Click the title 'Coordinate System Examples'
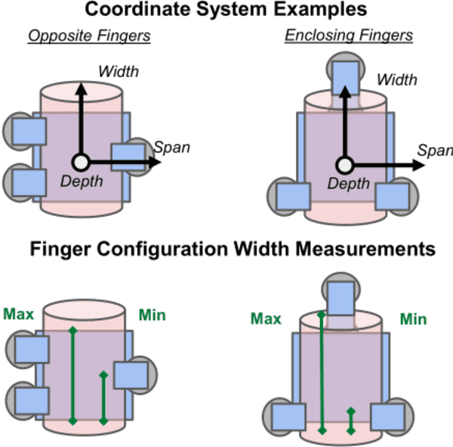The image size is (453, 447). [x=226, y=11]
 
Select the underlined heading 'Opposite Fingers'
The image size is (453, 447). [x=89, y=36]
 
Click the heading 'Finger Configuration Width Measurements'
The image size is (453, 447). [x=226, y=248]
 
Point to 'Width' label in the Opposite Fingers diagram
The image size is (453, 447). [x=119, y=72]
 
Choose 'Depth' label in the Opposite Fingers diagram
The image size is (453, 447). [x=81, y=180]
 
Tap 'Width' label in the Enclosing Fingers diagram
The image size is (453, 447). [x=396, y=79]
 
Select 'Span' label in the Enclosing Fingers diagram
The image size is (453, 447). [x=435, y=150]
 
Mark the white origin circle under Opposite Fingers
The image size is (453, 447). [x=82, y=162]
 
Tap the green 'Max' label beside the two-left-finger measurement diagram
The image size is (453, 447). [x=18, y=313]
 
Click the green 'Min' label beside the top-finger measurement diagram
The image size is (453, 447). [x=413, y=319]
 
